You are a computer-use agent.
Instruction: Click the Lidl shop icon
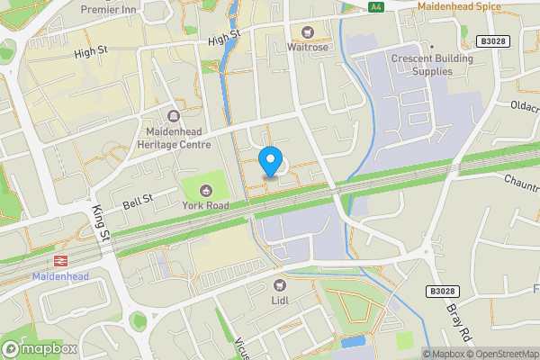(279, 285)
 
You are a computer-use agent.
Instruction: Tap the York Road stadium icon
(205, 190)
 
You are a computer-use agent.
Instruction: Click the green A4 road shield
(376, 6)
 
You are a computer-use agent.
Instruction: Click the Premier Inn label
(132, 9)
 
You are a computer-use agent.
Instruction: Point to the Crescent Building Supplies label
(426, 65)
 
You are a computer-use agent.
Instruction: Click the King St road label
(100, 221)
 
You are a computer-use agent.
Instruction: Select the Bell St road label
(138, 202)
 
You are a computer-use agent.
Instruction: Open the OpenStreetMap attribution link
(499, 354)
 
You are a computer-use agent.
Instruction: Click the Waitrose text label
(308, 47)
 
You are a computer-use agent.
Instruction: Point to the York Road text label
(205, 206)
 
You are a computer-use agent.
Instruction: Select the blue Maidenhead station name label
(61, 276)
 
